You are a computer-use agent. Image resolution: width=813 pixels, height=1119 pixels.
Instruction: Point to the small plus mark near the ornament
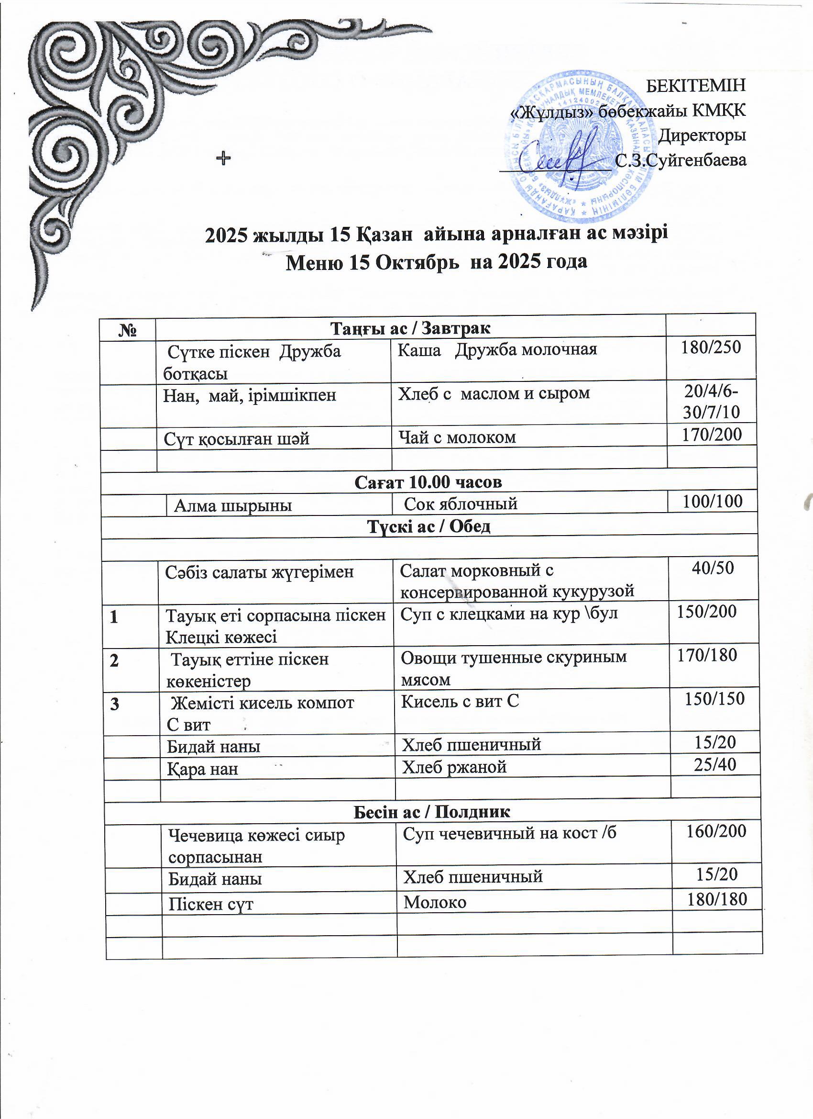224,158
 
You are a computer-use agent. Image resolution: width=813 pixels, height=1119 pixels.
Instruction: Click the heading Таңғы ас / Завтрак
410,327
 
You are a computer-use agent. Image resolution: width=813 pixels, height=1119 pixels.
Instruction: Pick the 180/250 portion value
711,347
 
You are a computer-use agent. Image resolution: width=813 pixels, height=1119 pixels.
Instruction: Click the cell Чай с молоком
457,437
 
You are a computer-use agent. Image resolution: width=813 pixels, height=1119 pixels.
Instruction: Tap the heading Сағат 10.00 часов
428,482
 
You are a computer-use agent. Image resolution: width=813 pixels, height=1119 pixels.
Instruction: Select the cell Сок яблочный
461,504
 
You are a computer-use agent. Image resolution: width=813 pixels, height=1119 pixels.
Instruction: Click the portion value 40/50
713,567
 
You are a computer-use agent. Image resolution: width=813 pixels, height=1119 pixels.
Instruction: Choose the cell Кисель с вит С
460,701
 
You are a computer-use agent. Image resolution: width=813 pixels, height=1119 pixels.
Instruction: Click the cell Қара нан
203,769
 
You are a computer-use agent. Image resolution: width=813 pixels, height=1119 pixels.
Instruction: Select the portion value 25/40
715,764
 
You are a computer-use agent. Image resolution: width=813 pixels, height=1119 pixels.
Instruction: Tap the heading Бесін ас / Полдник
432,811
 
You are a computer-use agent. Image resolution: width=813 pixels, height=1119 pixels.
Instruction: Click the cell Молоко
435,902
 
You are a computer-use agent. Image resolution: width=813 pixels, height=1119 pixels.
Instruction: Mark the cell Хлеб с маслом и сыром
494,393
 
